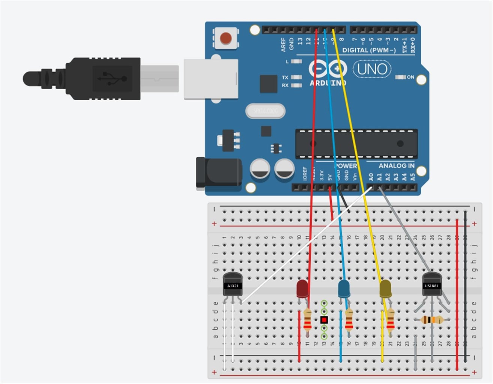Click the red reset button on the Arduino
[x=225, y=38]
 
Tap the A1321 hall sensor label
[x=233, y=286]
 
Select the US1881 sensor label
[x=431, y=286]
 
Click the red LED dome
[x=302, y=288]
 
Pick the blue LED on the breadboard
[x=344, y=288]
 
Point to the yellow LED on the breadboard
[x=385, y=288]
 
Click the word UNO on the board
[x=372, y=69]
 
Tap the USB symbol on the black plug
[x=112, y=79]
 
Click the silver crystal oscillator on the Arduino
[x=265, y=111]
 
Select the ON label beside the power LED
[x=410, y=77]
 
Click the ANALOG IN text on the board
[x=396, y=166]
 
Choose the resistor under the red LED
[x=308, y=320]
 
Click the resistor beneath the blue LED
[x=349, y=320]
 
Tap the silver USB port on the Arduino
[x=211, y=79]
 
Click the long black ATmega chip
[x=356, y=144]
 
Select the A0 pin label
[x=371, y=177]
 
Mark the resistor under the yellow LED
[x=390, y=320]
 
